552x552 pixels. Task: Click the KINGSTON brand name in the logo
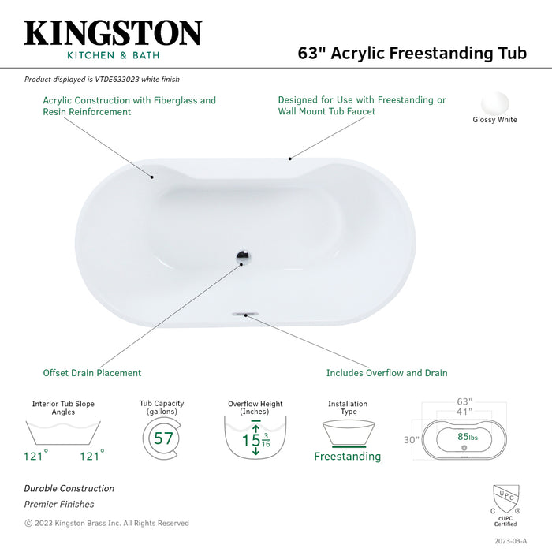[x=113, y=33]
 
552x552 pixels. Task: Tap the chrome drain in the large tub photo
[x=243, y=255]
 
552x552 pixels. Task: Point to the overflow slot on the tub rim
[x=245, y=313]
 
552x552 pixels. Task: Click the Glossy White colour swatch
[x=495, y=103]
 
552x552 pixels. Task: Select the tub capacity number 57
[x=163, y=438]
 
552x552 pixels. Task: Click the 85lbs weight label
[x=468, y=437]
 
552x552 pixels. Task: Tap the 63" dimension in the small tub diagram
[x=464, y=401]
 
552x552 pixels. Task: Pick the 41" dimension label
[x=464, y=412]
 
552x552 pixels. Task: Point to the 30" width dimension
[x=412, y=440]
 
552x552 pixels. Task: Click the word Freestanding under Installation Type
[x=348, y=457]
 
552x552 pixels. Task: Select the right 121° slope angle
[x=92, y=455]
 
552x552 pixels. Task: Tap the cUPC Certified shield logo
[x=506, y=500]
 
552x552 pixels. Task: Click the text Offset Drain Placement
[x=92, y=373]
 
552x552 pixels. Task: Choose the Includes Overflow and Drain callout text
[x=387, y=373]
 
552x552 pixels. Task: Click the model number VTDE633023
[x=117, y=79]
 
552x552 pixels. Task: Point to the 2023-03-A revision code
[x=510, y=541]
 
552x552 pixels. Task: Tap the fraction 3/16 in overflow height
[x=266, y=440]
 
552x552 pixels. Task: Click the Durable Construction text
[x=69, y=488]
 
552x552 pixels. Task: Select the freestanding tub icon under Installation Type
[x=349, y=433]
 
